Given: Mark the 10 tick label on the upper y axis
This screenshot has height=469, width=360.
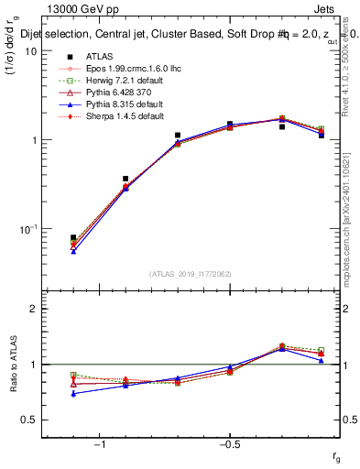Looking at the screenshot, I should click(x=30, y=51).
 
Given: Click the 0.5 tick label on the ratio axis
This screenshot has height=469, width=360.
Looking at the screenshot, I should click(x=29, y=420).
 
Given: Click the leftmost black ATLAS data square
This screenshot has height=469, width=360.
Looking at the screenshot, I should click(x=73, y=237).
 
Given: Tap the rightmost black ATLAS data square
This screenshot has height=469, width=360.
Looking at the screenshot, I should click(x=321, y=135).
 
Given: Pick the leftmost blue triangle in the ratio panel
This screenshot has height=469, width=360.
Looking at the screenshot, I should click(x=73, y=394).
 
